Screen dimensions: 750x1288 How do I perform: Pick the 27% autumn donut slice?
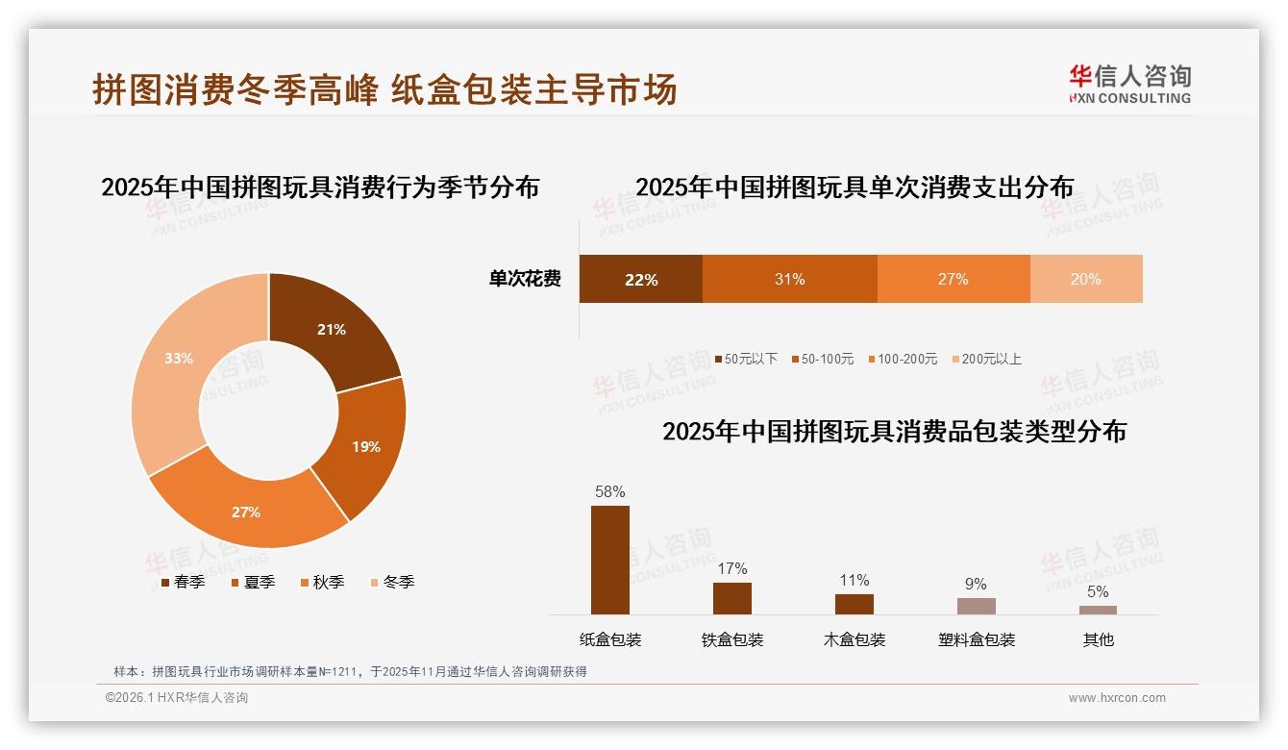click(248, 510)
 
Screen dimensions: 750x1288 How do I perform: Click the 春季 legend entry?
click(182, 582)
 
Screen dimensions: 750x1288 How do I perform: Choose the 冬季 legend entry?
click(391, 582)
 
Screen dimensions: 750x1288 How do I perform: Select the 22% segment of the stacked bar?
click(640, 280)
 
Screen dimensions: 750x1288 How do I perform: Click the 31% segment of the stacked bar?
click(789, 280)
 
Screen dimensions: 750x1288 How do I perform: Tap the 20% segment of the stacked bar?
click(1086, 280)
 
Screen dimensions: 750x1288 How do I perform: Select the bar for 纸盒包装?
click(609, 560)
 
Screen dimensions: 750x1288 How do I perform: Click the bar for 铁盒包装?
click(731, 598)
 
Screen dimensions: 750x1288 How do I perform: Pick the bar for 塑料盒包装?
click(976, 606)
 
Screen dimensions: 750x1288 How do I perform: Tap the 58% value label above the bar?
click(609, 491)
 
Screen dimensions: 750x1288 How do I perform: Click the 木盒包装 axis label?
click(854, 639)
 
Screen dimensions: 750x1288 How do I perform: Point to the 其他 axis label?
click(1098, 639)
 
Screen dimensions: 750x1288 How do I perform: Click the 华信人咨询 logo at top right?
click(1129, 84)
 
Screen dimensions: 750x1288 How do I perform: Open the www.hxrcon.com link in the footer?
click(1117, 698)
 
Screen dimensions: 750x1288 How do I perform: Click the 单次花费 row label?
click(525, 280)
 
